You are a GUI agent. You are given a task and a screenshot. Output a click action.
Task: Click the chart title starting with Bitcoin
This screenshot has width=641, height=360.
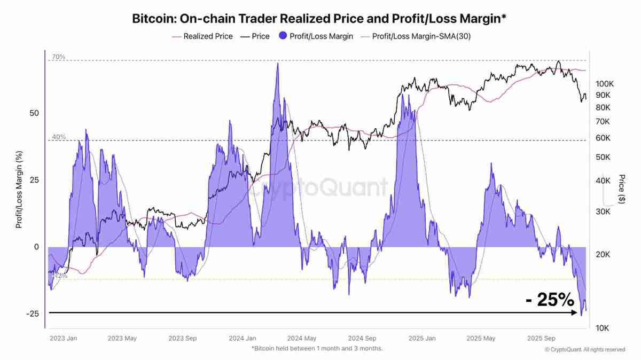pyautogui.click(x=319, y=19)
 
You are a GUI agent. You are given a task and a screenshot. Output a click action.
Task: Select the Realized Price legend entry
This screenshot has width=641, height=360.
pyautogui.click(x=208, y=36)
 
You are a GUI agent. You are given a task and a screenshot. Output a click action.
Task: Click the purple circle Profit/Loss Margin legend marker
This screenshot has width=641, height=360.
pyautogui.click(x=282, y=36)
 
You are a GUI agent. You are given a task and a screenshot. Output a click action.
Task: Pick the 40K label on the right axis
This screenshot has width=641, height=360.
pyautogui.click(x=604, y=181)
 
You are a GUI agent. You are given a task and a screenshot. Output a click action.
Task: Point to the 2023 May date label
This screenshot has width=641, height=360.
pyautogui.click(x=123, y=338)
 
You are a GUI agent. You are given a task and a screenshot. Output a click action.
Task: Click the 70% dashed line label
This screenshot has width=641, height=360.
pyautogui.click(x=59, y=57)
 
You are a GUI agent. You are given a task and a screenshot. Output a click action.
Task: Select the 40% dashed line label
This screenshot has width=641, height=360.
pyautogui.click(x=59, y=137)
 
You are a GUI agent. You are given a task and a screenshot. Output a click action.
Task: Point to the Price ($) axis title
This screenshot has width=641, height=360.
pyautogui.click(x=621, y=189)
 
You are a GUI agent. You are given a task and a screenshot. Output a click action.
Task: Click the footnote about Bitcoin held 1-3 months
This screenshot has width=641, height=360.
pyautogui.click(x=317, y=348)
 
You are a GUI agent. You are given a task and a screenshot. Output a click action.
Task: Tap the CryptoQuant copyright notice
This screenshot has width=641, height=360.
pyautogui.click(x=584, y=350)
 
